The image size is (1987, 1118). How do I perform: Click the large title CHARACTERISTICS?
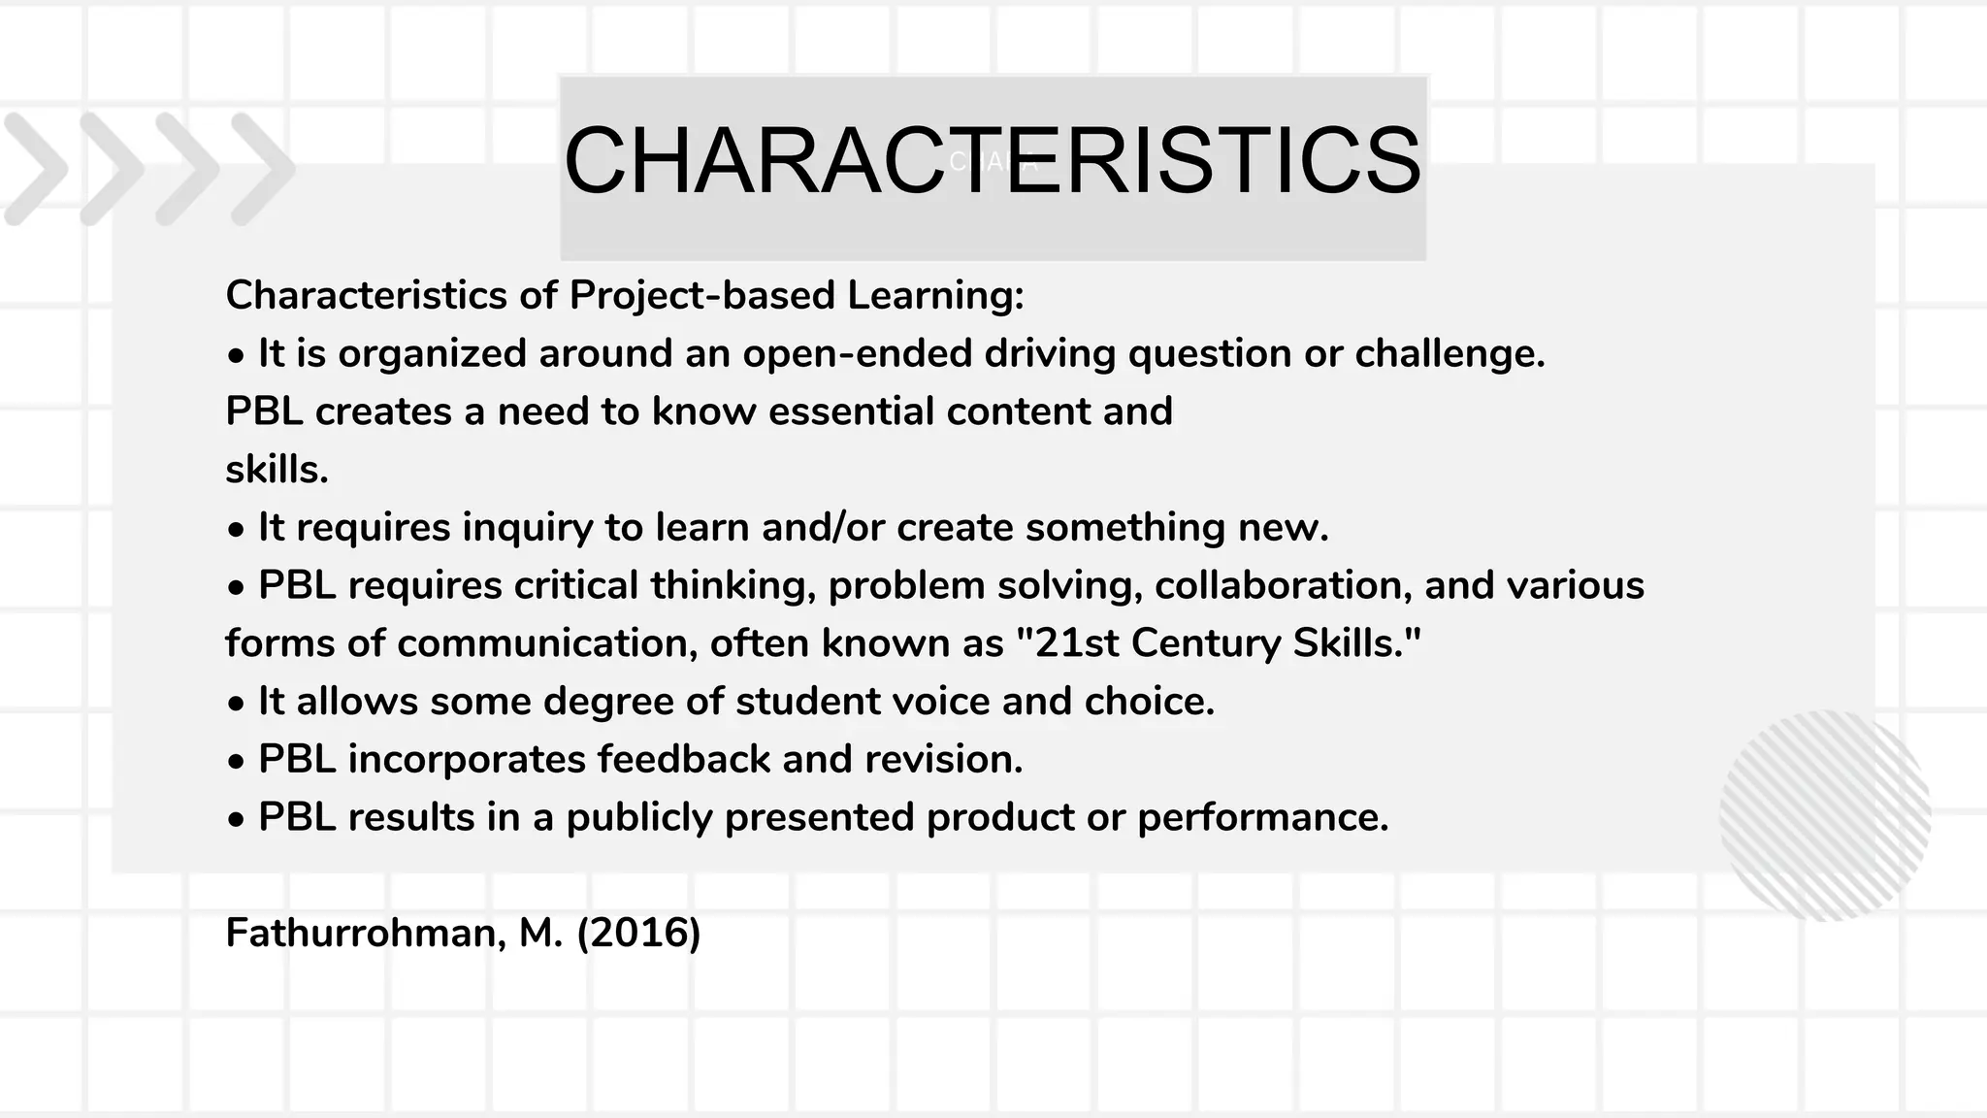(x=992, y=160)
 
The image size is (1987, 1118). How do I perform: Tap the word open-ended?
(x=857, y=353)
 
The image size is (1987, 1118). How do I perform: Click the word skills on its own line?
(x=276, y=470)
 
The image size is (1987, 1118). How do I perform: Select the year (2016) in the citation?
(x=638, y=934)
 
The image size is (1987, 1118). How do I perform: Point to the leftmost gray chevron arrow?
(x=35, y=169)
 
